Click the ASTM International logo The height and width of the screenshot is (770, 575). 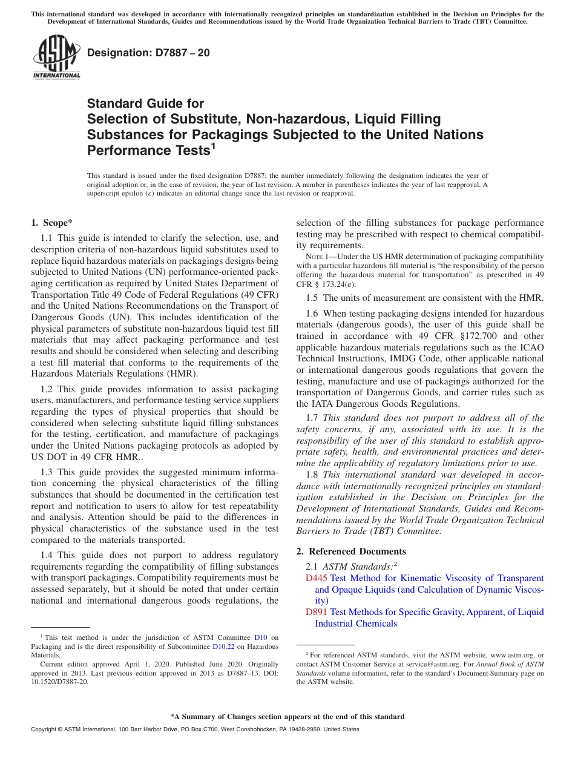(x=56, y=58)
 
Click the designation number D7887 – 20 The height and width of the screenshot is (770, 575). (x=149, y=53)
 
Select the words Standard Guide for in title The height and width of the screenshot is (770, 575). (x=145, y=104)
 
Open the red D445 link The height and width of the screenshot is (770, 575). (x=317, y=578)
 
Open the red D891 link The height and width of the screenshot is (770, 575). (x=317, y=612)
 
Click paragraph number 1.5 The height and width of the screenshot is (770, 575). (x=312, y=297)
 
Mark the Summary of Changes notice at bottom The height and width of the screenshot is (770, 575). (x=287, y=717)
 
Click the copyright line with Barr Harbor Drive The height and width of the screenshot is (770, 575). (x=194, y=729)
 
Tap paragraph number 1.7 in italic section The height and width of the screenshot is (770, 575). (x=312, y=418)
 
